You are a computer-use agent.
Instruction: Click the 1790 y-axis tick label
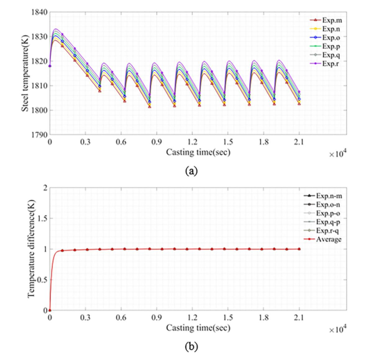(39, 135)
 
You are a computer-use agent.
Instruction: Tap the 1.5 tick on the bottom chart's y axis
(42, 218)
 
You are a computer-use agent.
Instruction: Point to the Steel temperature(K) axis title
(26, 73)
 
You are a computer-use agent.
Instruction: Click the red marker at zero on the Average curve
(50, 310)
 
